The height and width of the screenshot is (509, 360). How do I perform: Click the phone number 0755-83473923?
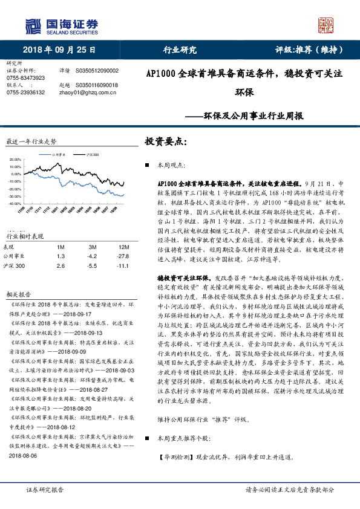point(25,78)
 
